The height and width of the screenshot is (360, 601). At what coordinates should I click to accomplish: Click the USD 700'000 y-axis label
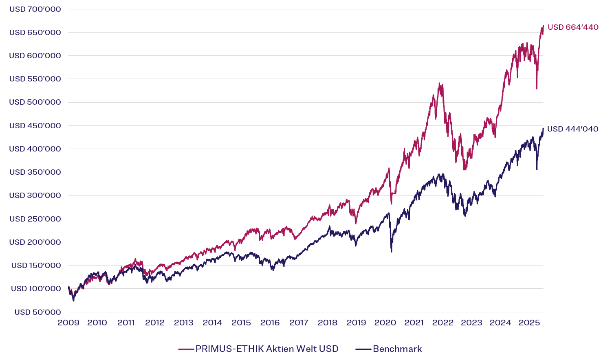point(35,9)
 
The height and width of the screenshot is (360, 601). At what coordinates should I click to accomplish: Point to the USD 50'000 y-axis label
point(37,312)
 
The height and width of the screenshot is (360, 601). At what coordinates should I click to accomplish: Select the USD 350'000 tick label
point(35,172)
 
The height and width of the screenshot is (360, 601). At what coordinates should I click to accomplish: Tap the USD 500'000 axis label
point(35,102)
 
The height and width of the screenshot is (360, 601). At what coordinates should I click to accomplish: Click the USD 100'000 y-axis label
point(36,288)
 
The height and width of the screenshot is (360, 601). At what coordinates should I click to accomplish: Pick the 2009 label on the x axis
point(68,323)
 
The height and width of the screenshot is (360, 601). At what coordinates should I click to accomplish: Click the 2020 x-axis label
point(385,323)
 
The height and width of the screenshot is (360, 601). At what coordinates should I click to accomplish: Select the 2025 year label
point(529,323)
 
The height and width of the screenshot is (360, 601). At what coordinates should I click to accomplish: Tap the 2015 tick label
point(241,323)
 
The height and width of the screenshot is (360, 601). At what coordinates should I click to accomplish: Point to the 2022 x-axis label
point(443,323)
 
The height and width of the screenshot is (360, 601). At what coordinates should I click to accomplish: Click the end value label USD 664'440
point(573,27)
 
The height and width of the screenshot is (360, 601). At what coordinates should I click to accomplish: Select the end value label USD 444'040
point(572,129)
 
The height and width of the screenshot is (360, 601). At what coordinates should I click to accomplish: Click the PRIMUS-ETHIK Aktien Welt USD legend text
point(267,349)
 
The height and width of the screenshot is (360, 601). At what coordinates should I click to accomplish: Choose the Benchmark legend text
point(397,349)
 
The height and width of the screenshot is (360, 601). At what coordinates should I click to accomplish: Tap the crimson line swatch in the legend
point(186,349)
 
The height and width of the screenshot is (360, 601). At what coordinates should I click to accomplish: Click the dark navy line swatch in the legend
point(363,349)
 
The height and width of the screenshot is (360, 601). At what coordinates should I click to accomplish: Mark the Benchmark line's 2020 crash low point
point(392,251)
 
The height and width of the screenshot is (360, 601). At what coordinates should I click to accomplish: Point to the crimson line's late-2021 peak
point(439,83)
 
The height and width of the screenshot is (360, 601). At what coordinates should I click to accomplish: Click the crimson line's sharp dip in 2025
point(537,88)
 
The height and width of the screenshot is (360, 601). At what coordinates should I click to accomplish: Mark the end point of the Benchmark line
point(543,128)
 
